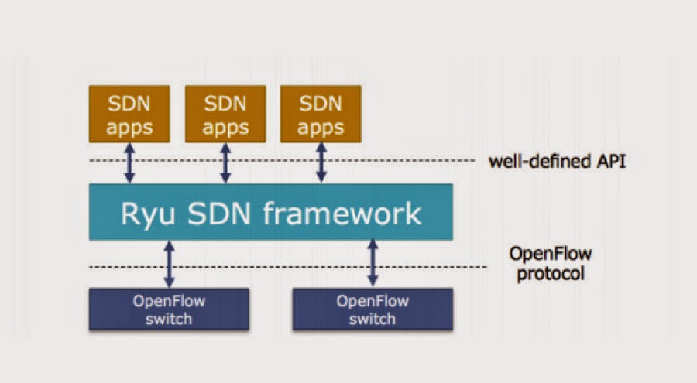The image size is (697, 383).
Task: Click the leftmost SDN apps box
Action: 129,114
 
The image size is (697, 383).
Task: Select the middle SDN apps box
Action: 225,114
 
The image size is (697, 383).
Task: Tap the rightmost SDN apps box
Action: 320,114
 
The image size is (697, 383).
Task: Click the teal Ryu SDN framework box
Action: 271,212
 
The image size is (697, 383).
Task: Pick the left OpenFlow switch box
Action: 169,309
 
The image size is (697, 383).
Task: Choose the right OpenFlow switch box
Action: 373,309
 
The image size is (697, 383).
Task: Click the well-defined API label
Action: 557,162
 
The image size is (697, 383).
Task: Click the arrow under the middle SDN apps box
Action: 225,163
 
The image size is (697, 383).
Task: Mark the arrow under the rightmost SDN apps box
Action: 320,163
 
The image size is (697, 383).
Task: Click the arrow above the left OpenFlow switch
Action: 169,264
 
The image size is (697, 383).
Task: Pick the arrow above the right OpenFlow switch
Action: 373,264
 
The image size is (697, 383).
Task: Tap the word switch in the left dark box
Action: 169,318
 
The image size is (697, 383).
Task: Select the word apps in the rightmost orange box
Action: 320,126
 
